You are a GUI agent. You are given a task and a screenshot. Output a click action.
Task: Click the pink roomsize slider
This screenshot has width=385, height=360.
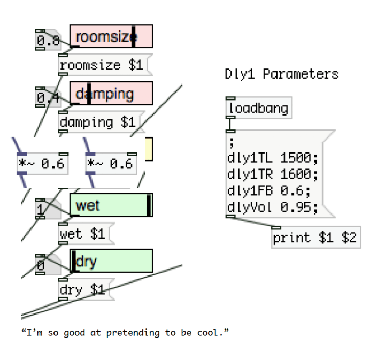(x=111, y=36)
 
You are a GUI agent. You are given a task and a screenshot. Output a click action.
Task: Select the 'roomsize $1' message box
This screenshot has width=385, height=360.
(x=102, y=65)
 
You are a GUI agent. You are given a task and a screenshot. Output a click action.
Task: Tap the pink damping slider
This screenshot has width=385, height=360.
(x=111, y=94)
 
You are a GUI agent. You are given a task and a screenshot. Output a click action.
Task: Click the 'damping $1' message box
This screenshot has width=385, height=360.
(x=97, y=122)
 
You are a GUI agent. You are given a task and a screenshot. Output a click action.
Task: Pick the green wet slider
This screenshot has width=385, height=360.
(x=111, y=205)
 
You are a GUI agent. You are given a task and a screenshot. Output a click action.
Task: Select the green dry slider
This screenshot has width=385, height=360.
(x=111, y=261)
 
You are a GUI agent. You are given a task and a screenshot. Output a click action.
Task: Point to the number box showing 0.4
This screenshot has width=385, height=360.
(x=47, y=97)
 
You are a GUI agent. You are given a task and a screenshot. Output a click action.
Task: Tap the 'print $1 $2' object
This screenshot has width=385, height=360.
(x=315, y=238)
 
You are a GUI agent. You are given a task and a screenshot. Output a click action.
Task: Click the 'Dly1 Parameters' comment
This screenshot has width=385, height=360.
(x=281, y=74)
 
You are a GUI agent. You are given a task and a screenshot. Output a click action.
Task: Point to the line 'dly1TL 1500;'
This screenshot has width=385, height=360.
(x=272, y=159)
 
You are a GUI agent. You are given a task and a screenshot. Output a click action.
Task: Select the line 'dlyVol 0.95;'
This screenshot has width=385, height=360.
(x=272, y=208)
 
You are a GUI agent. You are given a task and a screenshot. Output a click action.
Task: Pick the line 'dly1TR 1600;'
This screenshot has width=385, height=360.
(x=272, y=175)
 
